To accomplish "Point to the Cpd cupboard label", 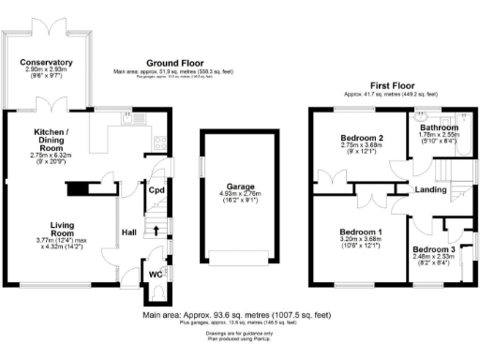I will point(157,190).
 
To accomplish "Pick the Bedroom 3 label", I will point(432,248).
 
